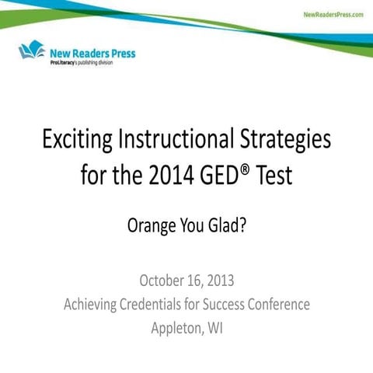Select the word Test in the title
[x=273, y=174]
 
